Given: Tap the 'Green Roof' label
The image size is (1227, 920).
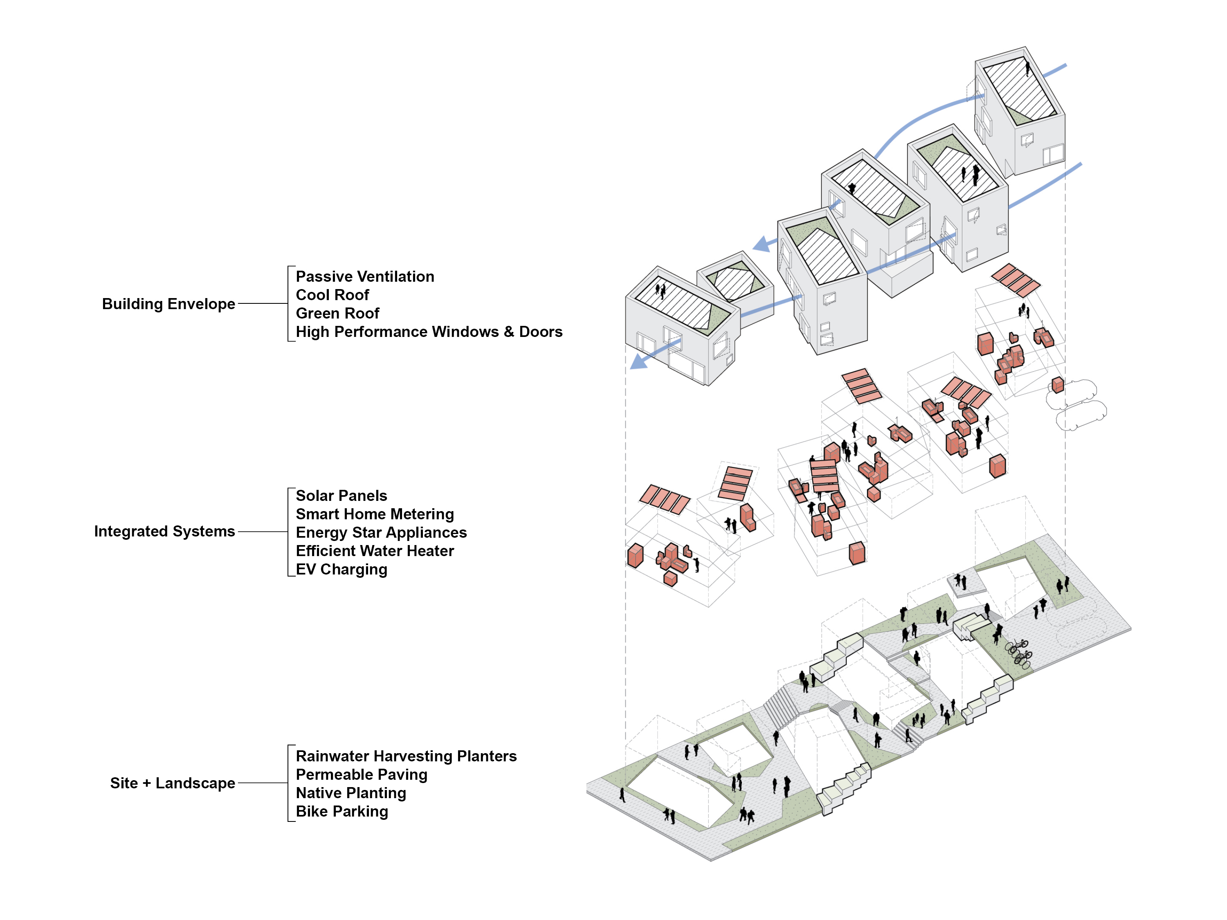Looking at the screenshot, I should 337,313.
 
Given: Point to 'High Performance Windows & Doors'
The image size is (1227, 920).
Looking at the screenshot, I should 429,332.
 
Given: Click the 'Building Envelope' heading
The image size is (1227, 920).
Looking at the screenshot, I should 168,304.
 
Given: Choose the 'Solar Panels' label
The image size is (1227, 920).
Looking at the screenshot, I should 341,495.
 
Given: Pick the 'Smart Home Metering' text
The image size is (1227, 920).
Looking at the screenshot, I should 374,514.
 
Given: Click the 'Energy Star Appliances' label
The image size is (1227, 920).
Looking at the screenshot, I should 381,532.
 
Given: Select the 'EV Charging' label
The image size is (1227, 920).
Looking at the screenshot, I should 341,570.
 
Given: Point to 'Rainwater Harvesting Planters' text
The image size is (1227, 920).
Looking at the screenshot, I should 406,756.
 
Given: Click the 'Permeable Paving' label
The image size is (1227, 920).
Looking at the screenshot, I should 361,775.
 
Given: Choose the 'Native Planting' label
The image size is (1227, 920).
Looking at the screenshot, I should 351,793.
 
